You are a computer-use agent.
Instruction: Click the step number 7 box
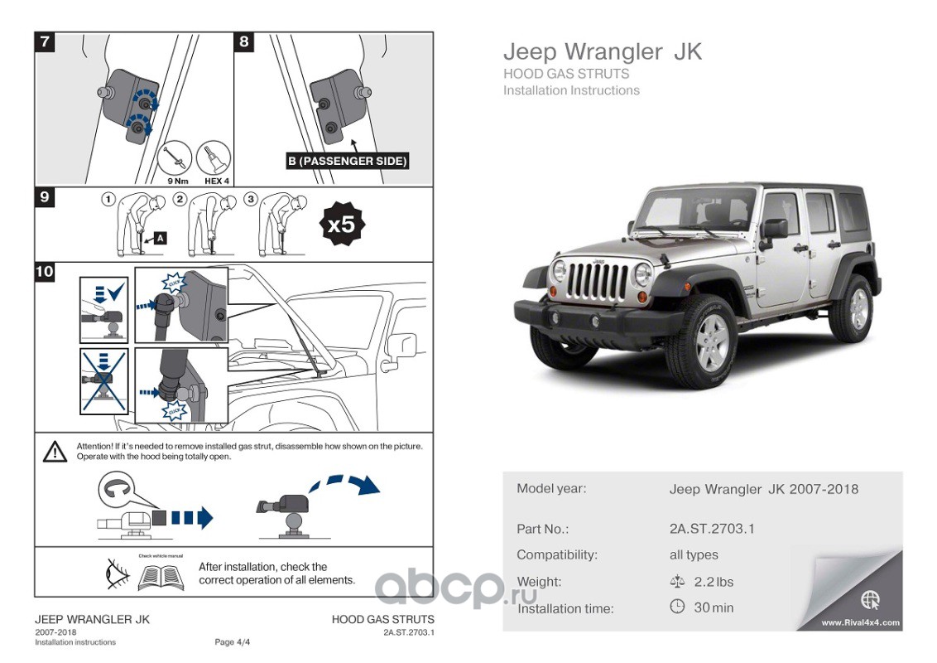pyautogui.click(x=45, y=42)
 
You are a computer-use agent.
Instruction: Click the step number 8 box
pyautogui.click(x=244, y=42)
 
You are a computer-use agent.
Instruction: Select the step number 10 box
pyautogui.click(x=45, y=271)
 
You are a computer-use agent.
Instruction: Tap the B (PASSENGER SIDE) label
pyautogui.click(x=348, y=161)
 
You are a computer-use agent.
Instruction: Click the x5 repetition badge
pyautogui.click(x=341, y=225)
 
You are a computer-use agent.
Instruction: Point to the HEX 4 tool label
pyautogui.click(x=216, y=179)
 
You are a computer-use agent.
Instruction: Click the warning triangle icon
pyautogui.click(x=55, y=452)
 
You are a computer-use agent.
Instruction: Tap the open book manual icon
pyautogui.click(x=161, y=576)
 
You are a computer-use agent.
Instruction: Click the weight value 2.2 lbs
pyautogui.click(x=714, y=582)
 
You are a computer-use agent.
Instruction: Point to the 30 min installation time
pyautogui.click(x=714, y=607)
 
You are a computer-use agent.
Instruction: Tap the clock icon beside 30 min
pyautogui.click(x=676, y=607)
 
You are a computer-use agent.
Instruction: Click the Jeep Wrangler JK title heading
pyautogui.click(x=603, y=51)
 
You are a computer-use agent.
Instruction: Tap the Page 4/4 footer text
pyautogui.click(x=232, y=642)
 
